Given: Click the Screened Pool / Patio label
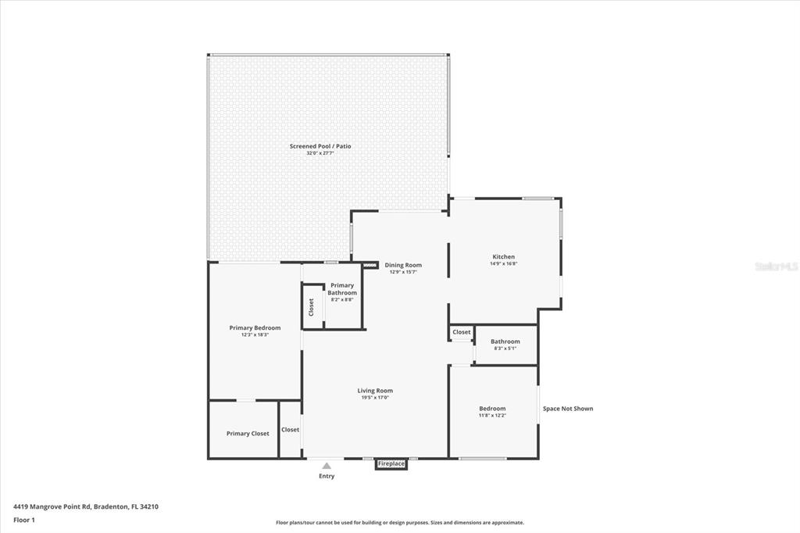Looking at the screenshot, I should click(326, 146).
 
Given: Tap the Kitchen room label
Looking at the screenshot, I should click(503, 256).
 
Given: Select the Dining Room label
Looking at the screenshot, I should click(403, 265).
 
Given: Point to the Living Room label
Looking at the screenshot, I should click(375, 391).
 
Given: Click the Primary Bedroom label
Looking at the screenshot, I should click(255, 327).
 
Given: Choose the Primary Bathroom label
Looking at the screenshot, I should click(342, 289).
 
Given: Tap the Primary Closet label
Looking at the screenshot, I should click(248, 433).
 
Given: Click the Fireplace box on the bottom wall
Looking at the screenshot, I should click(391, 463).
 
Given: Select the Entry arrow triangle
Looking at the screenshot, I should click(327, 466).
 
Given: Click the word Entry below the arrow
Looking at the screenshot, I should click(327, 476).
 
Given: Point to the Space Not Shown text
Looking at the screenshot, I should click(568, 409).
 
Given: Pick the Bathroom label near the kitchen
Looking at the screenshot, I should click(505, 342).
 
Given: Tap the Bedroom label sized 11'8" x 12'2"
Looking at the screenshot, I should click(492, 408).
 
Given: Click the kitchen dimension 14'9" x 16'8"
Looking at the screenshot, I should click(503, 263).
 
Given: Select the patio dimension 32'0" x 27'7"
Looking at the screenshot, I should click(326, 153).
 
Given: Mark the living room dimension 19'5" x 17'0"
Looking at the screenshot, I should click(375, 398).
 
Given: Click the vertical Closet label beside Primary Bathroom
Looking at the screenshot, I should click(311, 306).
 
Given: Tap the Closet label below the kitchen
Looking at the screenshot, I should click(462, 332).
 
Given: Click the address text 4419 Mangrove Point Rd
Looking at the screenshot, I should click(86, 506).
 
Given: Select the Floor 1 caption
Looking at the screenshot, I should click(24, 520).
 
